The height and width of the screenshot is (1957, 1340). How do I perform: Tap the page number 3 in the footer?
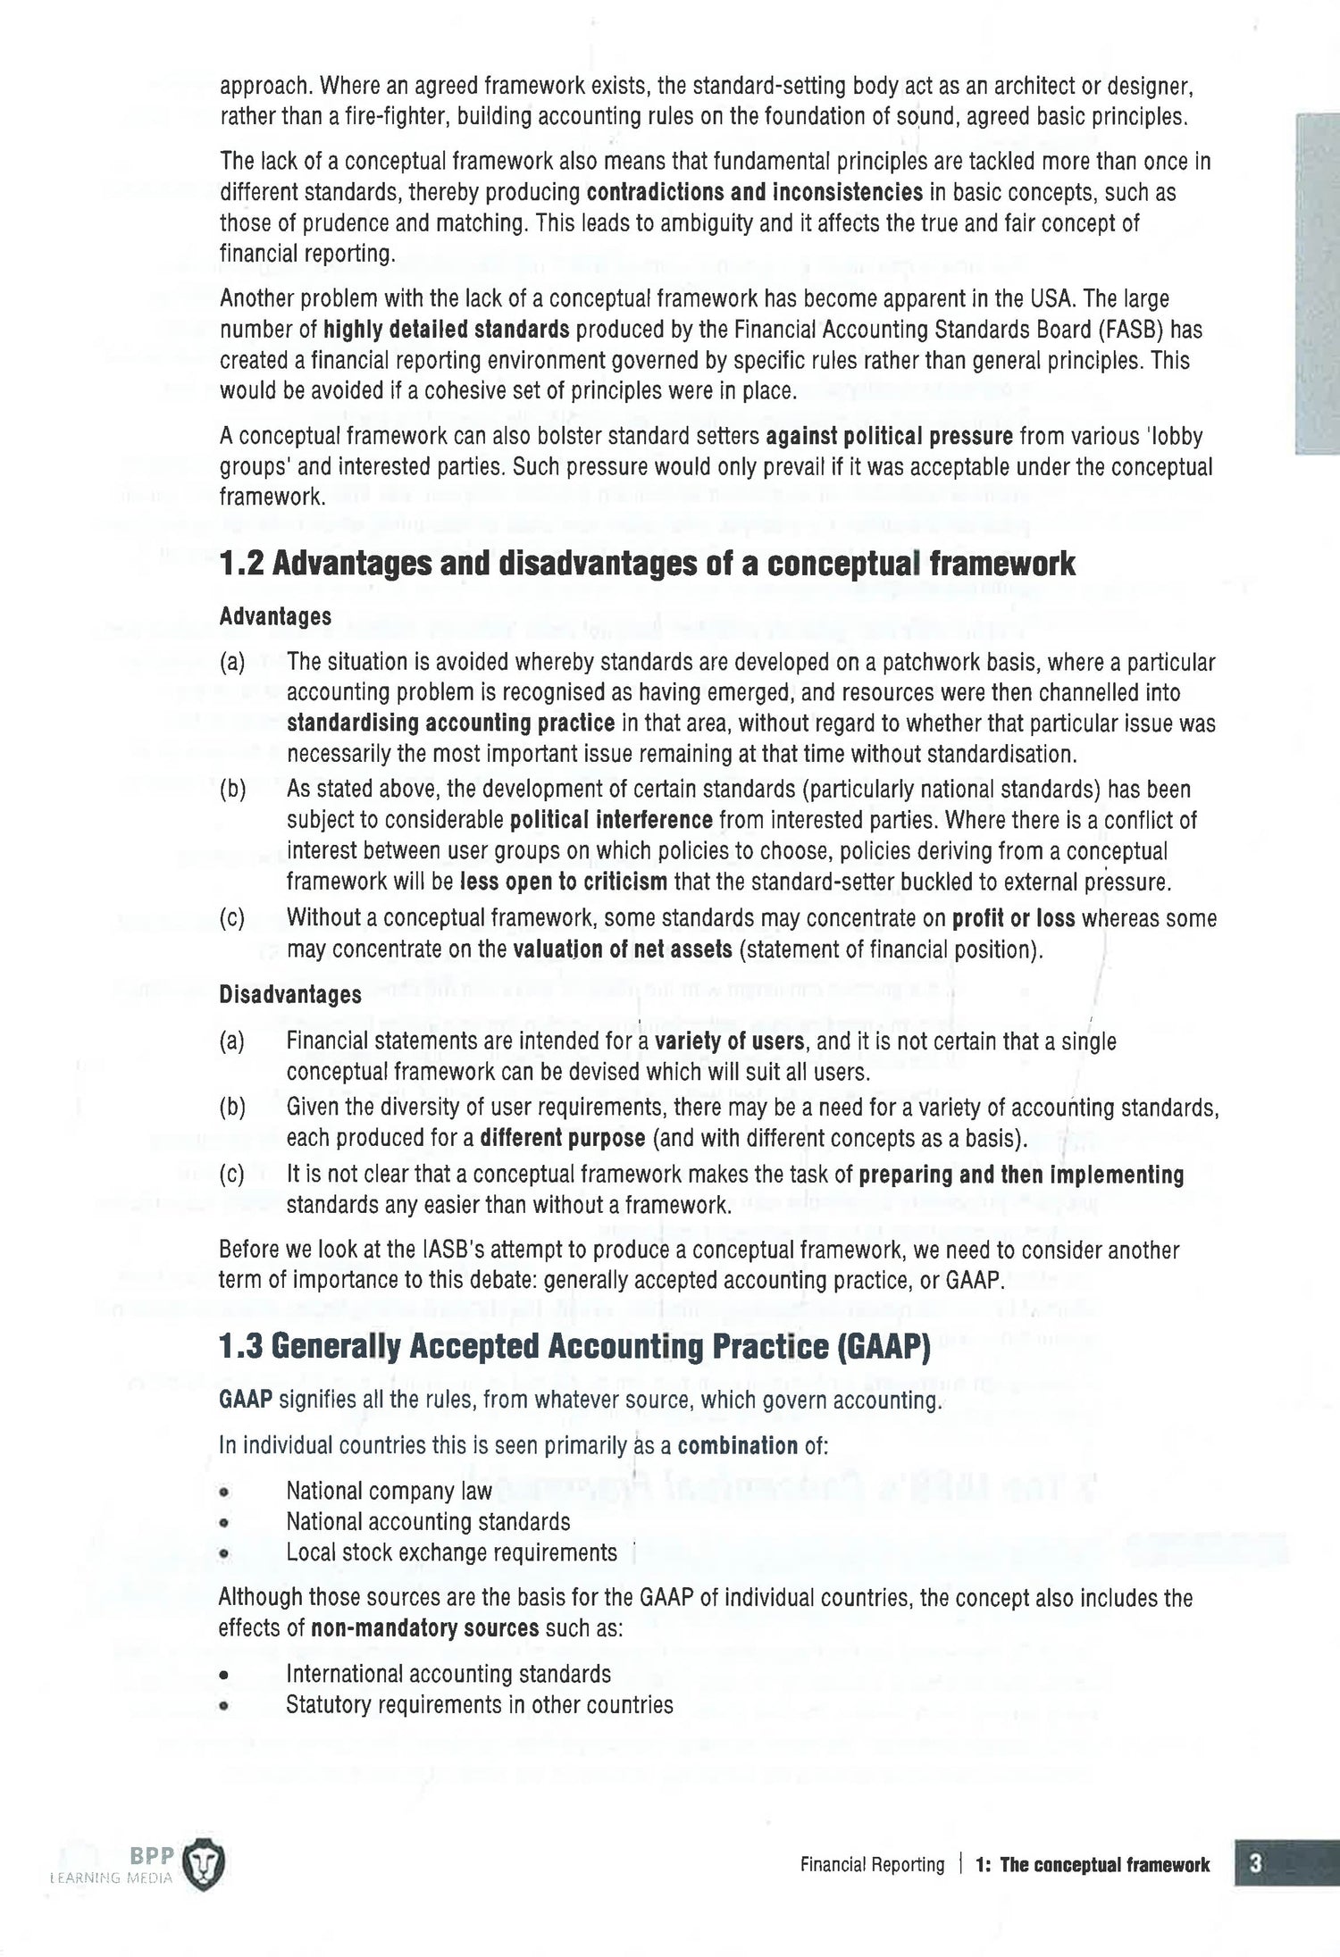pyautogui.click(x=1255, y=1864)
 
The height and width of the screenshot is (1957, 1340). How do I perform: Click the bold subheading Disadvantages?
pyautogui.click(x=290, y=995)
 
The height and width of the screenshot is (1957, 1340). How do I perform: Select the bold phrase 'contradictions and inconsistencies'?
pyautogui.click(x=754, y=193)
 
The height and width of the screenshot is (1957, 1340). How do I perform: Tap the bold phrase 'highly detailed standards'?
pyautogui.click(x=446, y=330)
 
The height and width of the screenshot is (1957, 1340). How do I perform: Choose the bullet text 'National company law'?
pyautogui.click(x=389, y=1491)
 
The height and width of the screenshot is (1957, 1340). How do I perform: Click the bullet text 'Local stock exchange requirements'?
pyautogui.click(x=451, y=1552)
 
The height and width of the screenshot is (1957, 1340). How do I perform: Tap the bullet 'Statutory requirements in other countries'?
pyautogui.click(x=479, y=1704)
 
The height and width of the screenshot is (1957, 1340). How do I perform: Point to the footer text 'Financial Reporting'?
pyautogui.click(x=872, y=1865)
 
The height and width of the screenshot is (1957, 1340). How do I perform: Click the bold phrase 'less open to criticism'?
pyautogui.click(x=564, y=882)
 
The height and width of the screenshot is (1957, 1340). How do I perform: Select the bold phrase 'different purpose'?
pyautogui.click(x=562, y=1139)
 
